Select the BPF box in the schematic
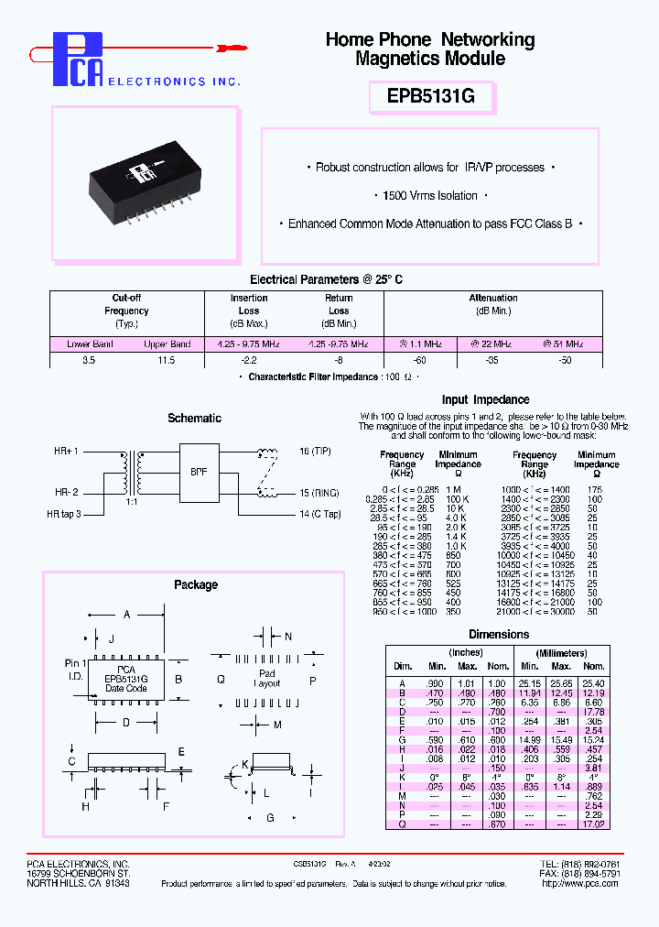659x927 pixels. pyautogui.click(x=199, y=473)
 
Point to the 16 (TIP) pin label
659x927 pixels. pyautogui.click(x=317, y=453)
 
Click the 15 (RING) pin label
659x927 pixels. pyautogui.click(x=319, y=494)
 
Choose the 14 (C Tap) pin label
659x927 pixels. pyautogui.click(x=319, y=514)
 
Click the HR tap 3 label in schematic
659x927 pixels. pyautogui.click(x=64, y=514)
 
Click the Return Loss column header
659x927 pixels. pyautogui.click(x=339, y=304)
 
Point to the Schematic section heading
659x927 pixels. pyautogui.click(x=194, y=419)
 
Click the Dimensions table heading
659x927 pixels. pyautogui.click(x=498, y=634)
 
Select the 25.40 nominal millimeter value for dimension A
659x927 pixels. pyautogui.click(x=593, y=682)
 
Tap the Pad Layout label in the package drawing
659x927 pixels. pyautogui.click(x=266, y=680)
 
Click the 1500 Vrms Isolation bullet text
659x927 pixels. pyautogui.click(x=430, y=196)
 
